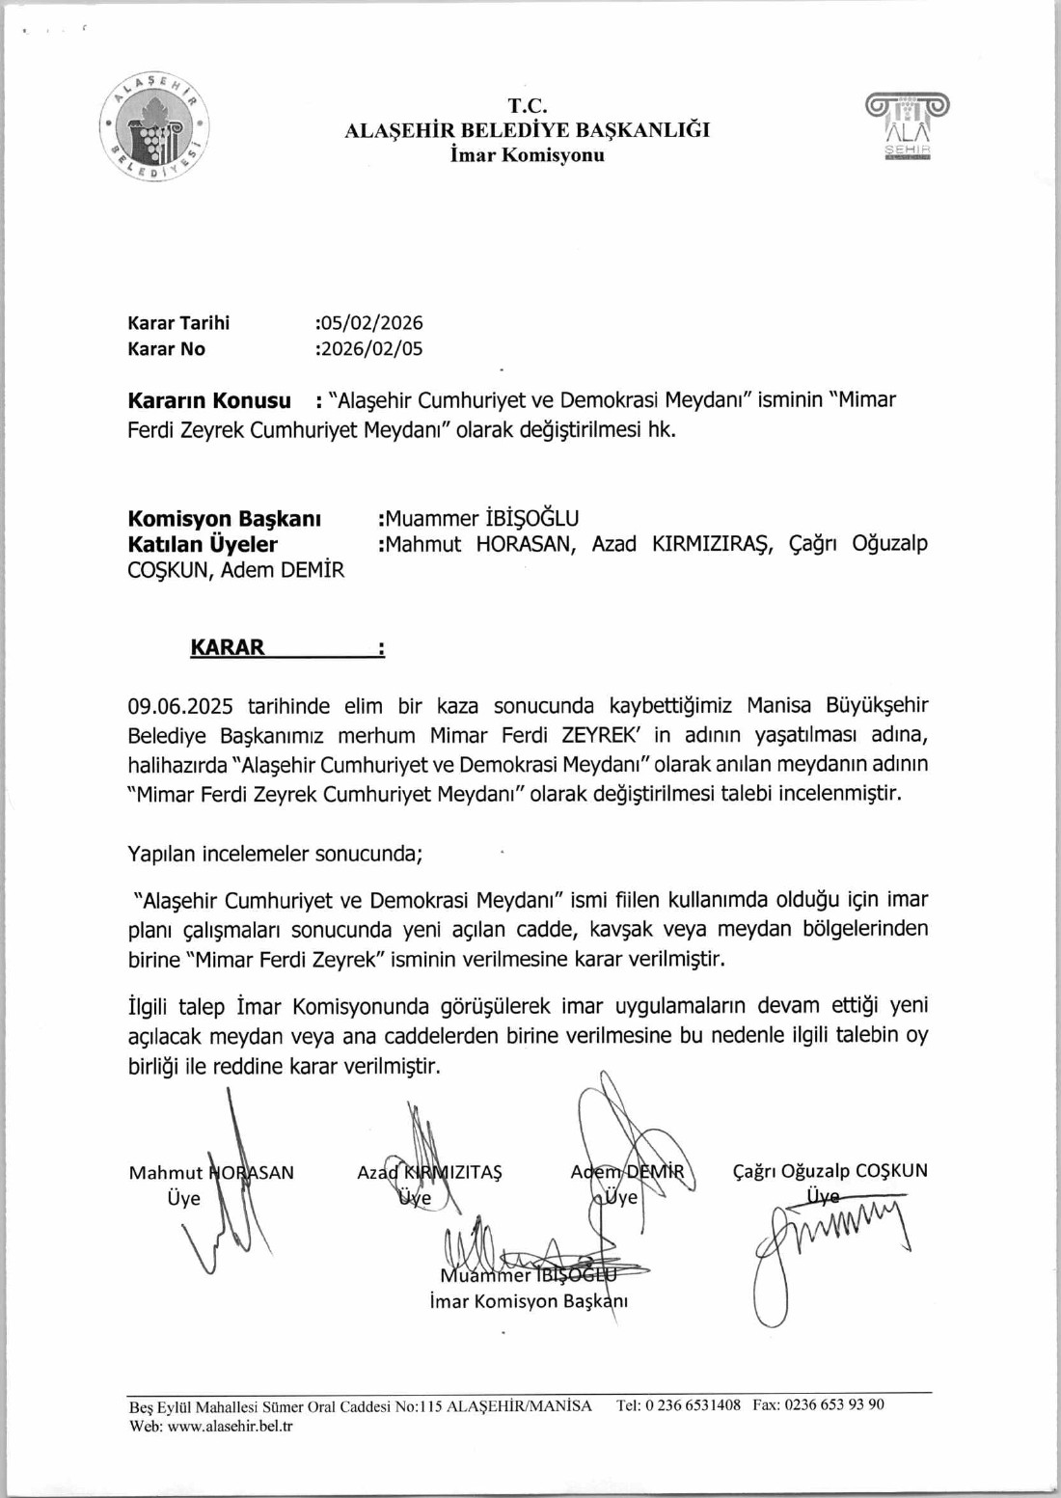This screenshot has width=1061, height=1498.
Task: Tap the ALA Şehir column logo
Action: [x=907, y=127]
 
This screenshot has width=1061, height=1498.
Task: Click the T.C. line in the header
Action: [x=528, y=106]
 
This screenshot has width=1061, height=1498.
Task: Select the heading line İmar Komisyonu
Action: [x=528, y=155]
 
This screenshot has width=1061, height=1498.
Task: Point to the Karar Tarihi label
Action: [x=178, y=323]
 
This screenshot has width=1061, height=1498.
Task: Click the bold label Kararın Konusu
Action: [x=209, y=400]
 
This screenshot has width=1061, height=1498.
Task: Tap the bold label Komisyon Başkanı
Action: [x=224, y=518]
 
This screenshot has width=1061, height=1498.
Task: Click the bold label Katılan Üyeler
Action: [x=203, y=544]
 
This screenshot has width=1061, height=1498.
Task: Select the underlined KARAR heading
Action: [x=228, y=647]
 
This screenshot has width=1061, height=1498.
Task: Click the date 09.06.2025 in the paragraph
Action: [x=180, y=706]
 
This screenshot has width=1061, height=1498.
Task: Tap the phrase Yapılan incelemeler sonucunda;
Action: [x=275, y=854]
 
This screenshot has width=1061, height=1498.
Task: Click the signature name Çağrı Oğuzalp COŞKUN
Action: [x=830, y=1171]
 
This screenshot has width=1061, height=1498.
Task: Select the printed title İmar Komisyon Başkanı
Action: [x=530, y=1301]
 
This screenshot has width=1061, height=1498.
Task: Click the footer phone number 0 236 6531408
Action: [x=693, y=1405]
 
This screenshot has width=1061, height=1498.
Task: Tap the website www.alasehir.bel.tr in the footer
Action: [x=231, y=1426]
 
